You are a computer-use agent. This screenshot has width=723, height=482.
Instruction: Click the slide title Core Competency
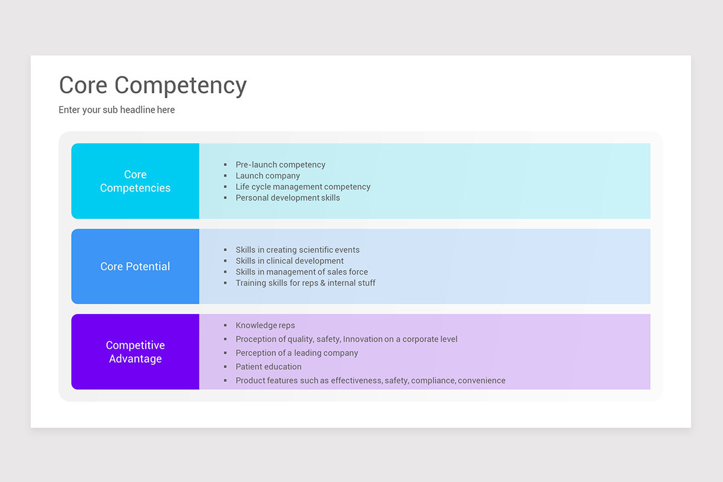pos(152,86)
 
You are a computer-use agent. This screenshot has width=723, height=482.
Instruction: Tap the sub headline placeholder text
pos(116,110)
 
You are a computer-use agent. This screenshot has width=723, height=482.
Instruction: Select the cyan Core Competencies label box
pos(135,181)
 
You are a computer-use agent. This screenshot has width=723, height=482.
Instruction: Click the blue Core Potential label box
pos(135,266)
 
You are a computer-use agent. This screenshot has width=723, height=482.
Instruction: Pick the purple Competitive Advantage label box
pos(135,352)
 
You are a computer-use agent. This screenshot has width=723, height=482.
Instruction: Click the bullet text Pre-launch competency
pos(280,164)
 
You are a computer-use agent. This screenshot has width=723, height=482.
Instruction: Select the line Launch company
pos(268,176)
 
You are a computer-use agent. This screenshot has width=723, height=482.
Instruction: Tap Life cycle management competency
pos(302,187)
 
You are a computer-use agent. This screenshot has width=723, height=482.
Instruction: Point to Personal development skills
pos(287,198)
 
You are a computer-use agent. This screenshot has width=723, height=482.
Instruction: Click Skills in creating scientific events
pos(297,250)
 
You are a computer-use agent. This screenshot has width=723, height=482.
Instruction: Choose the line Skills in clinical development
pos(289,261)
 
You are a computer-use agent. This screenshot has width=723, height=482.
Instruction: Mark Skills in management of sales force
pos(301,272)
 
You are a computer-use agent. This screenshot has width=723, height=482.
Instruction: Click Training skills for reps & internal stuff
pos(305,283)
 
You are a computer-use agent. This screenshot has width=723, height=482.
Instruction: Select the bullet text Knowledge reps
pos(265,325)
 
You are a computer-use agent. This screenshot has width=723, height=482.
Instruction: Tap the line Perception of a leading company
pos(296,353)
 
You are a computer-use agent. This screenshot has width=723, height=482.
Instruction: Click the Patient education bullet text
pos(268,367)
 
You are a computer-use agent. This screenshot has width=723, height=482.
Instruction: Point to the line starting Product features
pos(370,381)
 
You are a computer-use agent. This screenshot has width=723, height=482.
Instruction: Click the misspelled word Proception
pos(257,339)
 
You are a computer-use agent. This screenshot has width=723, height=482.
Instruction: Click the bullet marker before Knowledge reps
pos(225,325)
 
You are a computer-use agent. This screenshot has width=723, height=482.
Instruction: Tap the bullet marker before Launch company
pos(225,176)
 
